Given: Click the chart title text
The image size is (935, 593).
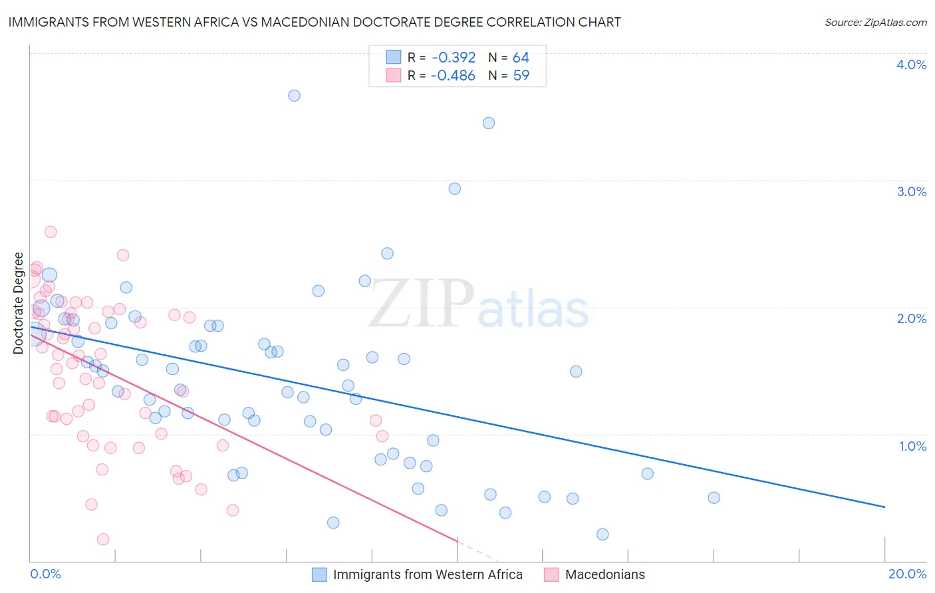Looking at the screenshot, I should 315,22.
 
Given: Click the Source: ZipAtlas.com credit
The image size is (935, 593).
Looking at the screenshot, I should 875,22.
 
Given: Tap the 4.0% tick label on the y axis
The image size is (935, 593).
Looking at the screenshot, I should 911,64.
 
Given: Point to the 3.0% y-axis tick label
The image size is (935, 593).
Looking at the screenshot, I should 911,191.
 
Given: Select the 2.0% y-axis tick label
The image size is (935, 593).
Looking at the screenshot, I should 911,318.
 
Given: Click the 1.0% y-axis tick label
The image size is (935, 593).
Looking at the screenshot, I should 912,446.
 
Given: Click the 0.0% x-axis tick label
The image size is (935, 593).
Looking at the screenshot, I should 45,574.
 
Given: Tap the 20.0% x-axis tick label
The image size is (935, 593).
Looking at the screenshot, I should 907,574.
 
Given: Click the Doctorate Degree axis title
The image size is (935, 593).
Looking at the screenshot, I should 19,303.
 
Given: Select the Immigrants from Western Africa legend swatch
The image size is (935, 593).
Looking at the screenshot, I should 319,574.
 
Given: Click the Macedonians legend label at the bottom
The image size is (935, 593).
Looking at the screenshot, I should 604,574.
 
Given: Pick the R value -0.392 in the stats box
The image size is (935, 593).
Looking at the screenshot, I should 453,58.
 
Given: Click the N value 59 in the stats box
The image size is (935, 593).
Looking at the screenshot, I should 521,76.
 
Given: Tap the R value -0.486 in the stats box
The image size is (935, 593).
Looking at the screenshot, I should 453,76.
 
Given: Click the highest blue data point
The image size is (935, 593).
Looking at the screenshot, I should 294,96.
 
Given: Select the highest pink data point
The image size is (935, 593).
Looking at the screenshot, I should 51,232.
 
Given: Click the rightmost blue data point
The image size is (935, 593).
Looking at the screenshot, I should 714,498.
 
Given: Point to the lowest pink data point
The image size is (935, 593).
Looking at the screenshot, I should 103,539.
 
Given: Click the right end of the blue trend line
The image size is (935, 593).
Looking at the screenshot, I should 884,507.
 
